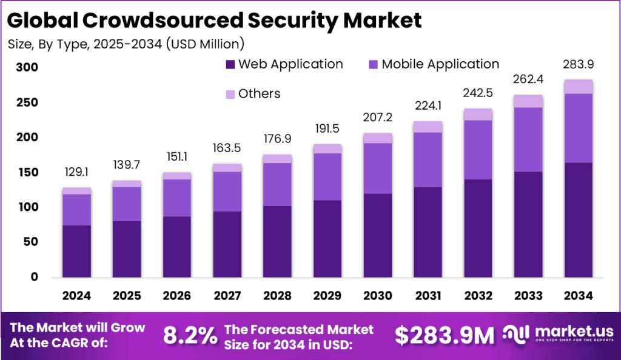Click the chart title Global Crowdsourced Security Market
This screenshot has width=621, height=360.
[214, 20]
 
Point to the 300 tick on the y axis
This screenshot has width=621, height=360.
[27, 68]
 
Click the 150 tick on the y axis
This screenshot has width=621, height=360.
[27, 173]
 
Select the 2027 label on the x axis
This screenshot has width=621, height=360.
[227, 296]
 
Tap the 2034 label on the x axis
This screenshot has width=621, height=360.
[577, 296]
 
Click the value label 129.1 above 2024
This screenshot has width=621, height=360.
[76, 173]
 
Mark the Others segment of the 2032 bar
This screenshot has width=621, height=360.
[477, 115]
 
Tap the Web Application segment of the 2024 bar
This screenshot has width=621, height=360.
[76, 251]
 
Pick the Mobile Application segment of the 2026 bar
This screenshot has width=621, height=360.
[176, 198]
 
